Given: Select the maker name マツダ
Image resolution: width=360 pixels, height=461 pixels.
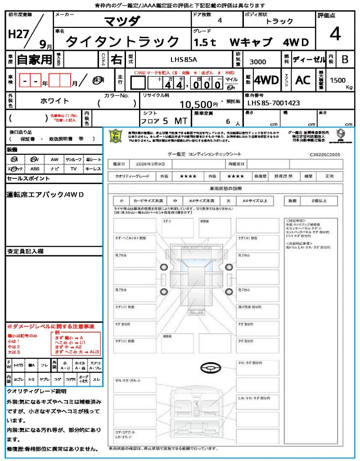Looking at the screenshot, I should pyautogui.click(x=122, y=21).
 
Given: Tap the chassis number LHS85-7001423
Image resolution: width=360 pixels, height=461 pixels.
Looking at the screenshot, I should pyautogui.click(x=274, y=103).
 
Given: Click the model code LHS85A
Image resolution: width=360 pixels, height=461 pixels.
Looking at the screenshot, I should pyautogui.click(x=184, y=59).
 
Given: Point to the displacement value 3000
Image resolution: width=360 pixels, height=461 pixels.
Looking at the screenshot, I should pyautogui.click(x=257, y=62).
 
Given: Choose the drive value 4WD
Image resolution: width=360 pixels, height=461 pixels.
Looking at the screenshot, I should pyautogui.click(x=266, y=80).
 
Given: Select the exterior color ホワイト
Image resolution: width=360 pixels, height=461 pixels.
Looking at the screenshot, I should pyautogui.click(x=55, y=101).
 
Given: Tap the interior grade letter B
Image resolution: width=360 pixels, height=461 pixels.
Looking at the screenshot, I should pyautogui.click(x=344, y=59).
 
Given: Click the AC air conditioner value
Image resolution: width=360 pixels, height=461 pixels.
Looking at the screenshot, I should pyautogui.click(x=303, y=80).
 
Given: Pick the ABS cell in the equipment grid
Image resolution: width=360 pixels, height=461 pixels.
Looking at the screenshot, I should pyautogui.click(x=35, y=169).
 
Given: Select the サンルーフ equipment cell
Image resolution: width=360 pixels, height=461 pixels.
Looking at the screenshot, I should pyautogui.click(x=74, y=160).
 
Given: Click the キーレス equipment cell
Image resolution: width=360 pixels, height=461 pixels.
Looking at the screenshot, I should pyautogui.click(x=93, y=169).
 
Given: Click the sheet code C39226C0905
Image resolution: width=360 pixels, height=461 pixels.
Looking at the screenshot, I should pyautogui.click(x=325, y=154).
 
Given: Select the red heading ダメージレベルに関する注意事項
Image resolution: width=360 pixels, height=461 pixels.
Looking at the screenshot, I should pyautogui.click(x=53, y=326).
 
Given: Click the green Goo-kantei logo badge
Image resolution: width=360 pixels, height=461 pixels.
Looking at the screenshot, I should pyautogui.click(x=116, y=136).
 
